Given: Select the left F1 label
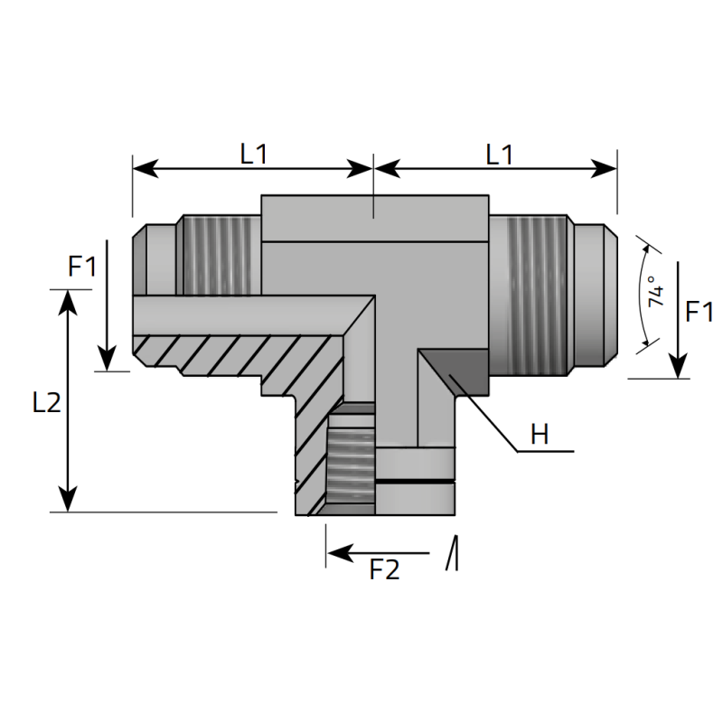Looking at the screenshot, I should (81, 267).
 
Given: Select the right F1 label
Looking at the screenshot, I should (700, 313).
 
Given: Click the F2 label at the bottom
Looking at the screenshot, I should (385, 570).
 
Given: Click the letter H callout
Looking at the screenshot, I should (540, 435).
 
